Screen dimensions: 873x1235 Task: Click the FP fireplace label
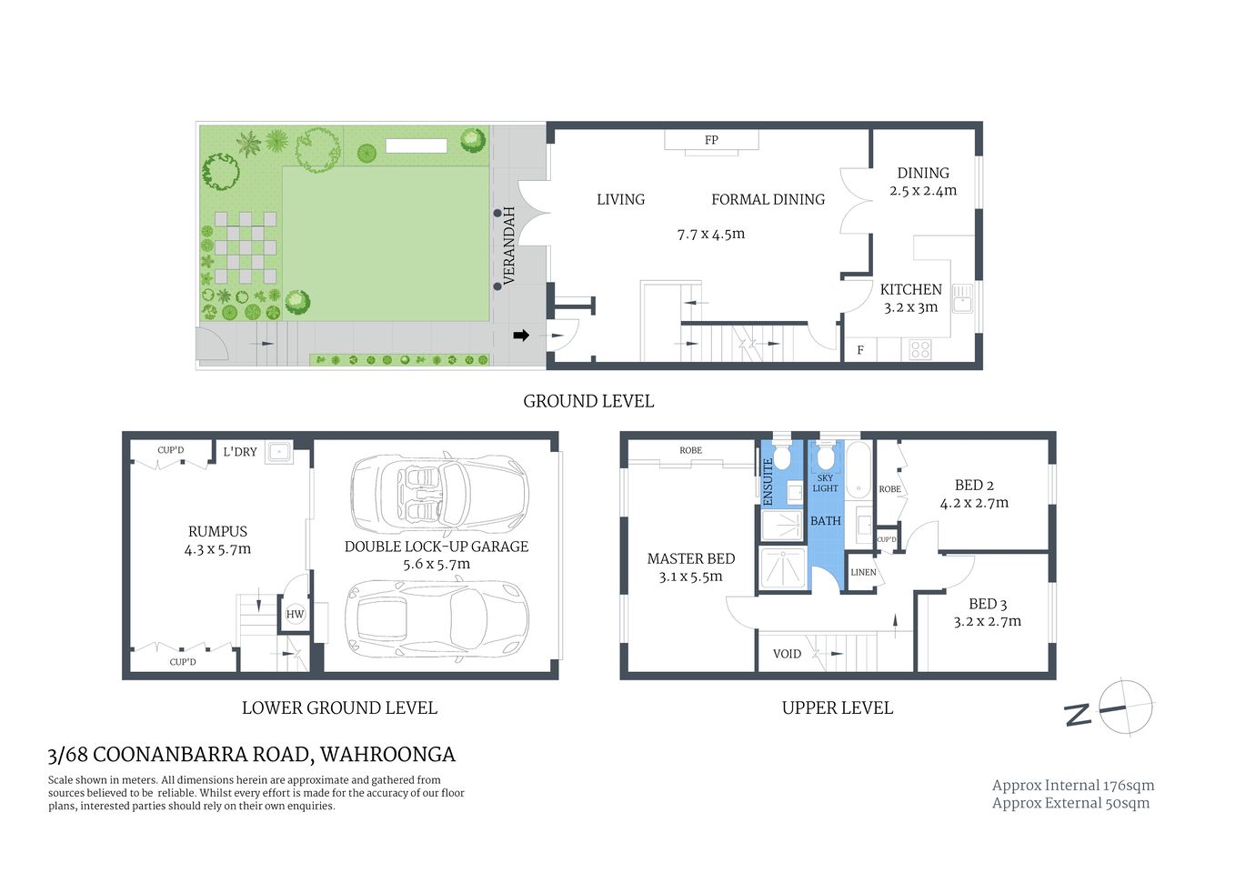point(711,140)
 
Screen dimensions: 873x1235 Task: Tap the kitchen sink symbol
point(962,298)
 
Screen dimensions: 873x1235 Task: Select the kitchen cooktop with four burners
point(919,349)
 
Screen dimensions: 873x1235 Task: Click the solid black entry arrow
point(521,336)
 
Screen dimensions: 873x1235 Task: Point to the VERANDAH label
point(509,246)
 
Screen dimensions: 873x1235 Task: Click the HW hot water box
point(295,614)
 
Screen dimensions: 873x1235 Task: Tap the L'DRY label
point(240,452)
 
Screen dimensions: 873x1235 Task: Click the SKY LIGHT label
point(825,483)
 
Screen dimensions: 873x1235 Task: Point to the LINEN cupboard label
point(863,572)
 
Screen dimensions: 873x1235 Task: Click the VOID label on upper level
point(787,654)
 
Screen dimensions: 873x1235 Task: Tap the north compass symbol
point(1124,707)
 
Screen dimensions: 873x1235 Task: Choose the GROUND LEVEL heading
point(588,401)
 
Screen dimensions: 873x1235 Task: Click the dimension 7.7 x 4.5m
point(710,234)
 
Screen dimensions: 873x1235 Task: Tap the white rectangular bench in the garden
point(416,145)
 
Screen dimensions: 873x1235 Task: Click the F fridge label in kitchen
point(859,350)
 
